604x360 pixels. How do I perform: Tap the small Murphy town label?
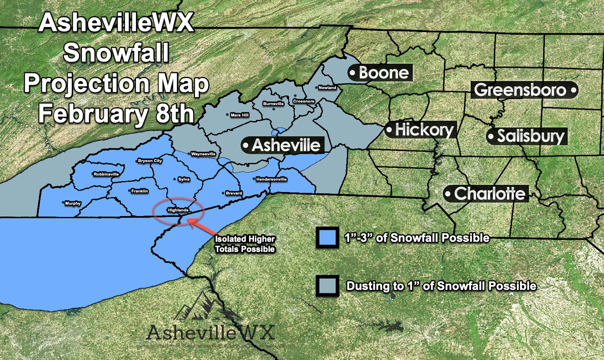[x=73, y=203]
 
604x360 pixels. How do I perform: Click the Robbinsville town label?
[x=106, y=174]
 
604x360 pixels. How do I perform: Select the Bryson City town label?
[x=150, y=161]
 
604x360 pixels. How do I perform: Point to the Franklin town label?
[x=140, y=191]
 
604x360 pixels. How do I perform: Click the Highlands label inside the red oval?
[x=178, y=210]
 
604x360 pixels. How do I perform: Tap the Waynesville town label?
[x=203, y=154]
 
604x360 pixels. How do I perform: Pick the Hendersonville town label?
[x=271, y=179]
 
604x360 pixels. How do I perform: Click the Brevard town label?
[x=234, y=193]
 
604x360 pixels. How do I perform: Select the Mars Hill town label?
[x=240, y=115]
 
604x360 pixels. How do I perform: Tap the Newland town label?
[x=328, y=88]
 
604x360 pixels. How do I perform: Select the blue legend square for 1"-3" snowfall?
[x=327, y=238]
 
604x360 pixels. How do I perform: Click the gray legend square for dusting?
[x=327, y=286]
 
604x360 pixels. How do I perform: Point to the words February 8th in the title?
[x=116, y=114]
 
